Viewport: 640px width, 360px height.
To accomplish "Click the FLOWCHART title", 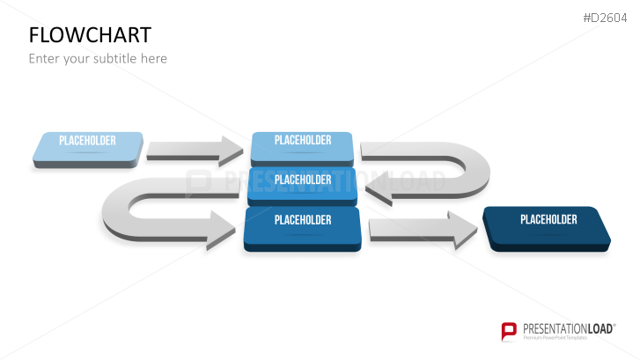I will click(90, 34).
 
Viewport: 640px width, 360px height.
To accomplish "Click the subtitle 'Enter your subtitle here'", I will click(98, 59).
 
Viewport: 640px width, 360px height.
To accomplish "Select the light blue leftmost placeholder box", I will click(87, 149).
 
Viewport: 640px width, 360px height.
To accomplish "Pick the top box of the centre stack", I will click(302, 147).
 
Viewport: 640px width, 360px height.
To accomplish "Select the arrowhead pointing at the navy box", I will click(462, 231).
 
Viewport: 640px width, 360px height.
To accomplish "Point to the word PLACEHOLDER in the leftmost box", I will click(87, 140).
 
